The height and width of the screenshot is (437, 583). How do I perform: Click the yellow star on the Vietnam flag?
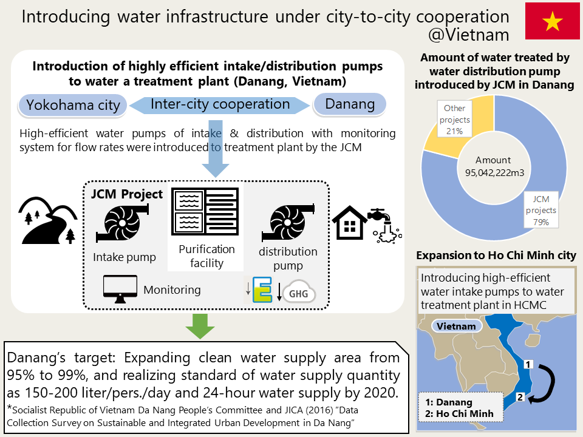[x=552, y=21]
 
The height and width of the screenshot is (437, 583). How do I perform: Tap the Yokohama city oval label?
[x=73, y=105]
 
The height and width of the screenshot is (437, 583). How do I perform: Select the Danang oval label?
[x=350, y=104]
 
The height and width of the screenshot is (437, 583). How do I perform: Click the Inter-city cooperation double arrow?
[x=220, y=105]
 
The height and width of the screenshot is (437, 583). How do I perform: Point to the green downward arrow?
[x=200, y=326]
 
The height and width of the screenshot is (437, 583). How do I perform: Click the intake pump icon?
[x=122, y=223]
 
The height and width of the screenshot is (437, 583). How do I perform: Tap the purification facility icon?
[x=205, y=211]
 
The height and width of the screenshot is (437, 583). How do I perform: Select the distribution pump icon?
[x=288, y=222]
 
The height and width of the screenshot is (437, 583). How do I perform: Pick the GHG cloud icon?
[x=299, y=293]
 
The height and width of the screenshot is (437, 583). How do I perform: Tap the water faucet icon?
[x=385, y=226]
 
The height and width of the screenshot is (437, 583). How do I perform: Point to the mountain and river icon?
[x=47, y=220]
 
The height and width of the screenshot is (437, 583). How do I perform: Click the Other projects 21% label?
[x=454, y=120]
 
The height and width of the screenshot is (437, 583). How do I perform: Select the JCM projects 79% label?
[x=541, y=210]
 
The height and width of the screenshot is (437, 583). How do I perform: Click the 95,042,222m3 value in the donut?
[x=494, y=173]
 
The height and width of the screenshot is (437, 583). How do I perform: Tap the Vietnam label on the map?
[x=456, y=327]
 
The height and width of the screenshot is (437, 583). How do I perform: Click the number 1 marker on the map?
[x=528, y=364]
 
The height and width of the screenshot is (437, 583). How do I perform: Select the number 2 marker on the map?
[x=520, y=397]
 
